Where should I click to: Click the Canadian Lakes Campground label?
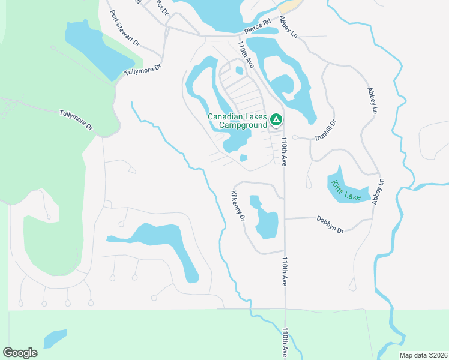(237, 121)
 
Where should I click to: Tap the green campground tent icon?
(276, 121)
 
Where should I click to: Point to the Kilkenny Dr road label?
(238, 206)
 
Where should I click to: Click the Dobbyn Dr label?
(330, 224)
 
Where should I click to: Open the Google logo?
(20, 353)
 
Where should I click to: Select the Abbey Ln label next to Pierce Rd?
(288, 28)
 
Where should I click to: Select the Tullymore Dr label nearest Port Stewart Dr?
(143, 70)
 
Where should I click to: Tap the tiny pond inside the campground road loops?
(239, 70)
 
